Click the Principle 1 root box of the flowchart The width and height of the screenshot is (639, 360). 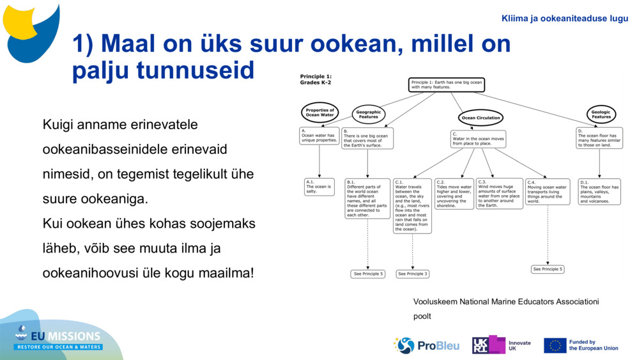[x=447, y=85]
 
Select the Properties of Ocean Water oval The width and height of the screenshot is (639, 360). [x=319, y=113]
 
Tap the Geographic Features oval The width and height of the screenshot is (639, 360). [x=369, y=114]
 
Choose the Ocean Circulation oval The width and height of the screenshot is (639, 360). [x=481, y=118]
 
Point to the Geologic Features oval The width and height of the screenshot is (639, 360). [x=601, y=114]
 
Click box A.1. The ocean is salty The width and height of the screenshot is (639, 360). [x=319, y=187]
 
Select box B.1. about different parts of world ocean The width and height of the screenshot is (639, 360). [x=367, y=198]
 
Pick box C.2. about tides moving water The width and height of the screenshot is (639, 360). [x=454, y=193]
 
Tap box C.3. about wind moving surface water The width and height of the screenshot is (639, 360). [x=499, y=193]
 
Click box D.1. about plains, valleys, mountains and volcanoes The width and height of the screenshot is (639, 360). [x=599, y=191]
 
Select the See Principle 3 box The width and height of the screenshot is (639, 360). [x=412, y=274]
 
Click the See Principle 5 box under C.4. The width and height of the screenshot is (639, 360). [x=548, y=269]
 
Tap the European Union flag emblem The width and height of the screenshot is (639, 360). [x=555, y=345]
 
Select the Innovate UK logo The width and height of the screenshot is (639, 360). [x=502, y=345]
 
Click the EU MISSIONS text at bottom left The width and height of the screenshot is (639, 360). [x=67, y=336]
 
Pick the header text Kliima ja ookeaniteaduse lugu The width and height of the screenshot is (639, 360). [x=565, y=19]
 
